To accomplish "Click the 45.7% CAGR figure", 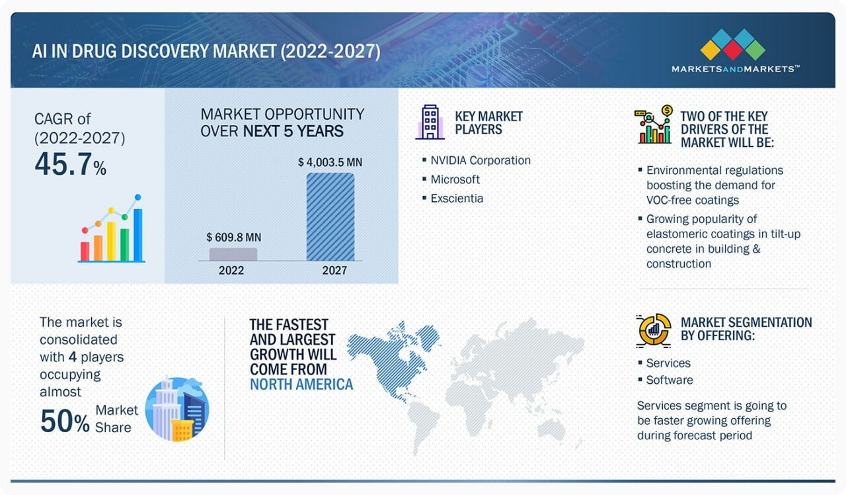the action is click(70, 164).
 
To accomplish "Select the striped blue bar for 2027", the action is click(330, 216).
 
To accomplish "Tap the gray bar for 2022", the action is click(233, 254).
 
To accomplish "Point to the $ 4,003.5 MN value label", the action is click(330, 162).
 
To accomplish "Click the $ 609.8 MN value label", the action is click(233, 237).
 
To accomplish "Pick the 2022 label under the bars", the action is click(231, 271).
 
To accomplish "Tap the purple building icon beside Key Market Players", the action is click(430, 122).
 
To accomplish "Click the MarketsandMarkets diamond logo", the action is click(733, 44).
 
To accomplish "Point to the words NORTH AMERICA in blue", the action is click(301, 384).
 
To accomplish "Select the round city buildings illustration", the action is click(177, 409).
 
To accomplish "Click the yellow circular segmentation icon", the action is click(654, 330).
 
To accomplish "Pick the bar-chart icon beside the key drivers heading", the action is click(654, 124).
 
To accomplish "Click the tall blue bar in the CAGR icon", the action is click(138, 234).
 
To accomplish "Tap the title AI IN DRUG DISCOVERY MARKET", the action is click(154, 52).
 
